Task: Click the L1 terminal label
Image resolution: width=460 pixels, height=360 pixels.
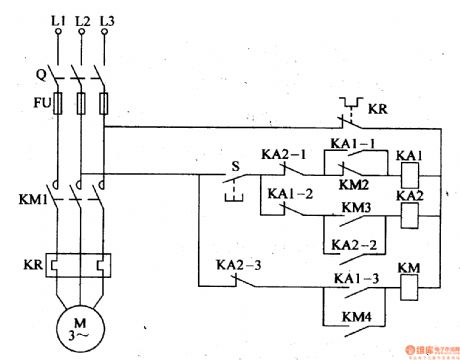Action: pyautogui.click(x=56, y=19)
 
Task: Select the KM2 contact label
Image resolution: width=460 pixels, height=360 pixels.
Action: pyautogui.click(x=356, y=185)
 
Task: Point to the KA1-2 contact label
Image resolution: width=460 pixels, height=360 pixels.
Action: pyautogui.click(x=288, y=192)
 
